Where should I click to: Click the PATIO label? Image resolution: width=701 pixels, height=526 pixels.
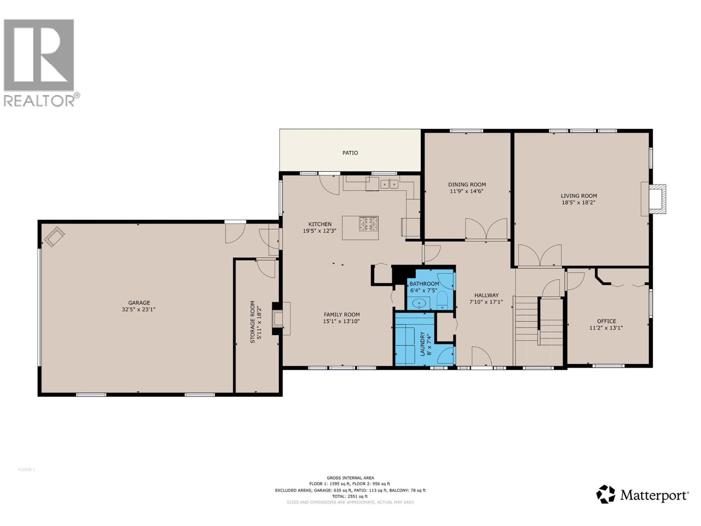(x=350, y=153)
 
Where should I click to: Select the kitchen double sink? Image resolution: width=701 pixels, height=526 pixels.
(x=389, y=184)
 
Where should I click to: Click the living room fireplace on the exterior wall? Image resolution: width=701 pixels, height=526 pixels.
(x=656, y=199)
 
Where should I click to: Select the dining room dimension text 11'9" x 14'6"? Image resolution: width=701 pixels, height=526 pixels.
(x=467, y=192)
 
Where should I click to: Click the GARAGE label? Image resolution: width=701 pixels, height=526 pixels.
(x=139, y=302)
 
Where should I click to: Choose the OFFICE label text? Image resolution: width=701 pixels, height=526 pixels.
(x=606, y=321)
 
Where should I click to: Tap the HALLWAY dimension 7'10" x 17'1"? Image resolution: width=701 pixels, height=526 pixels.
(x=486, y=302)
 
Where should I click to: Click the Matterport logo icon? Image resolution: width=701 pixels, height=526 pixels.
(x=606, y=494)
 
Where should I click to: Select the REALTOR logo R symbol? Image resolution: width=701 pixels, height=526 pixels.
(x=39, y=55)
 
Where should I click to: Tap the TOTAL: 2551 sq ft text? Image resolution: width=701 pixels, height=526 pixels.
(x=350, y=497)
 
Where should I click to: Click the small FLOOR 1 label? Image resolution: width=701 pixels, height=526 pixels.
(x=27, y=470)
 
